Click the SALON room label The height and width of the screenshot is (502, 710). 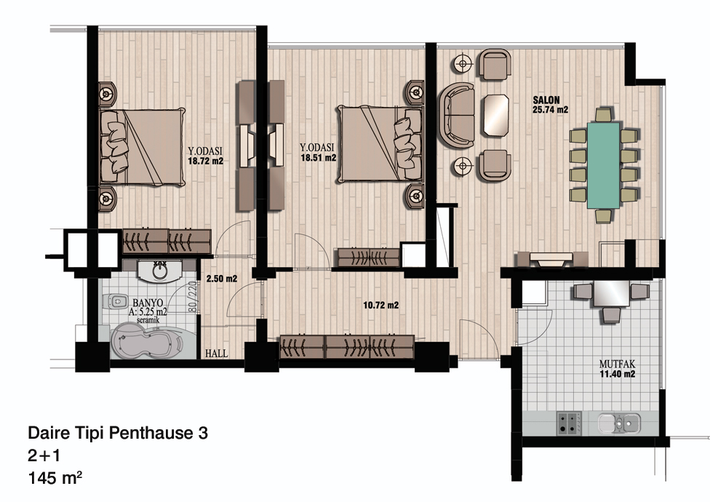[546, 100]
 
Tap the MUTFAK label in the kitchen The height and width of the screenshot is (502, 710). [617, 364]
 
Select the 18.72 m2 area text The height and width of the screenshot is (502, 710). [206, 161]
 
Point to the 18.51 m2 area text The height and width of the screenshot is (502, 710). [319, 158]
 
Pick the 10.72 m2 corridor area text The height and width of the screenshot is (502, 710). [380, 306]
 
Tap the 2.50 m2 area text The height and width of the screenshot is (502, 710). [222, 279]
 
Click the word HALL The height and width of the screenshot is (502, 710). [217, 353]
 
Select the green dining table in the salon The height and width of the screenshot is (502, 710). [604, 165]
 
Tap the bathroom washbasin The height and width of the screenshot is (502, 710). [159, 271]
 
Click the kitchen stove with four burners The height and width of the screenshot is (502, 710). [570, 423]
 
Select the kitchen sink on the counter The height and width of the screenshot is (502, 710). [619, 423]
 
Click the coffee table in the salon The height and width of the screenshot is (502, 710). [496, 114]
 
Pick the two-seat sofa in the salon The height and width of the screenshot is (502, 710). [456, 115]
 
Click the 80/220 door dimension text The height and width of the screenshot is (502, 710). [192, 297]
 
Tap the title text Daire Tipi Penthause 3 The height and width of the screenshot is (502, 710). [118, 433]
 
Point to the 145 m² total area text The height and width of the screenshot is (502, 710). [55, 478]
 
